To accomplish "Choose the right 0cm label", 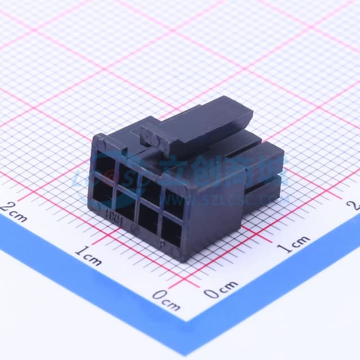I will coord(220,291).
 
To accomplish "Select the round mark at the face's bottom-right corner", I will coord(176,253).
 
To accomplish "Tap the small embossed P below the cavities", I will coord(162,244).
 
